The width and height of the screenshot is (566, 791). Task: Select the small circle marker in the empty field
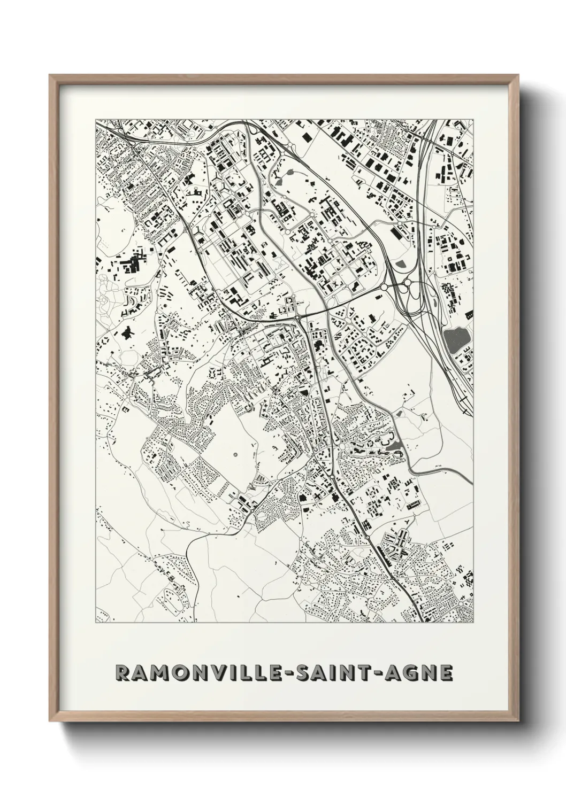(x=236, y=455)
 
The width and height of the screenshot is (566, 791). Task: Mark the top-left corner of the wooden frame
(x=50, y=75)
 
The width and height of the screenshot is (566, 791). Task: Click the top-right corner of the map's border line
(x=474, y=119)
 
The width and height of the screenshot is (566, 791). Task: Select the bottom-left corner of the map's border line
(x=95, y=623)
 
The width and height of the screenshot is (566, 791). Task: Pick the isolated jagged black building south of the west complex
(x=127, y=334)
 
